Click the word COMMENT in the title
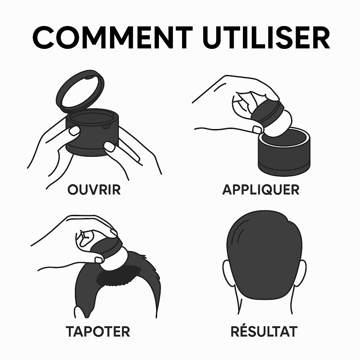point(112,37)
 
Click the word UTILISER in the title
point(266,37)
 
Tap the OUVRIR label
point(94,189)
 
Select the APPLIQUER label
point(261,189)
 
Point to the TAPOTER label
point(98,331)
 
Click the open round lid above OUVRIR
point(80,92)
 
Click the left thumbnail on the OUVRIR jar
point(75,131)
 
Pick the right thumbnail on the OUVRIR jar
point(110,147)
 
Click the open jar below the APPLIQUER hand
point(284,152)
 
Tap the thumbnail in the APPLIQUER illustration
point(257,129)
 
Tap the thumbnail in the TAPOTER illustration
point(99,260)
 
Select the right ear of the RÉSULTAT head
point(301,273)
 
